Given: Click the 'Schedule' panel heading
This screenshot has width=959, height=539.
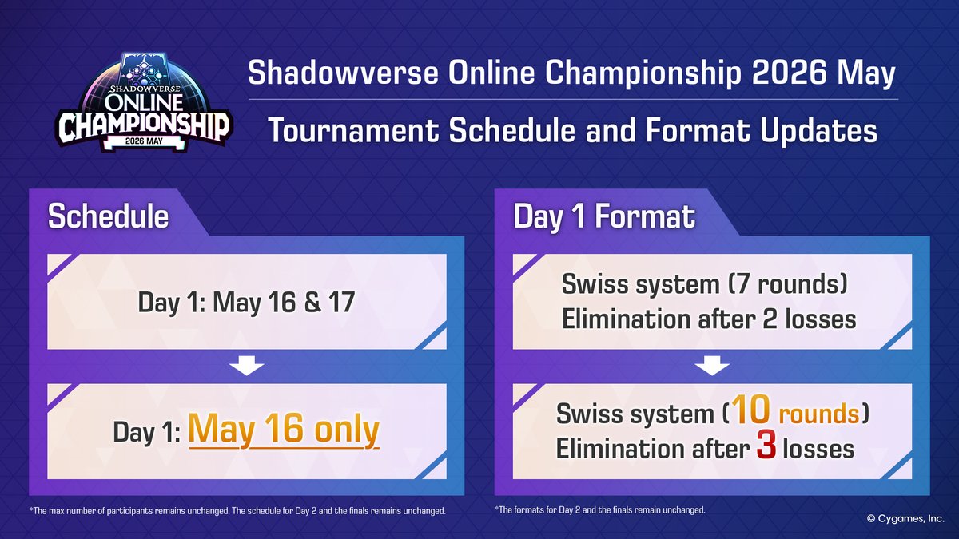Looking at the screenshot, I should click(108, 216).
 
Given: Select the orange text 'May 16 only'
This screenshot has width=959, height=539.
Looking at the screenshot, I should click(284, 430).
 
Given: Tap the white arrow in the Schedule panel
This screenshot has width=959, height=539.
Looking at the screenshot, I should click(246, 367).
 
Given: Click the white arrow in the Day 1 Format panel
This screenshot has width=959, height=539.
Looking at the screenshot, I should click(711, 367).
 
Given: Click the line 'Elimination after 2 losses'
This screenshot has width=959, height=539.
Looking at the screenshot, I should click(710, 319).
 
